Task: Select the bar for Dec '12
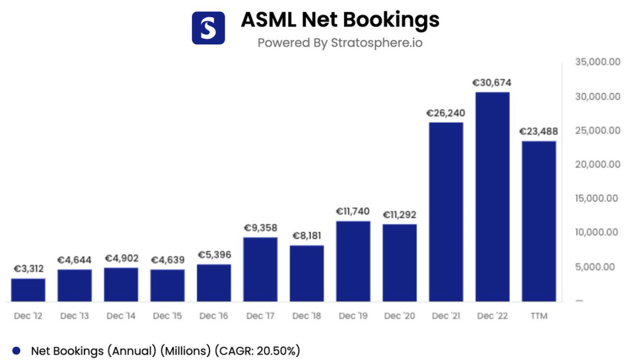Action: (x=28, y=290)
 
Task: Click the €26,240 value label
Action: (x=445, y=113)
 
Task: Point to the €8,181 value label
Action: (x=307, y=236)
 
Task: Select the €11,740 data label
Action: (x=353, y=211)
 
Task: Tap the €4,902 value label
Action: (x=122, y=258)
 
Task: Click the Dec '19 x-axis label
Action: (x=353, y=316)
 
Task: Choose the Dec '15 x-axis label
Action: (x=167, y=316)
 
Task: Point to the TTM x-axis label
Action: (x=539, y=316)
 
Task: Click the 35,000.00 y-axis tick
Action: (x=598, y=63)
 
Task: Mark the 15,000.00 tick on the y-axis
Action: (x=598, y=198)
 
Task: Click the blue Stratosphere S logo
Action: (x=208, y=28)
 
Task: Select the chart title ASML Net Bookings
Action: (x=340, y=20)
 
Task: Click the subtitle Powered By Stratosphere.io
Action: (x=340, y=42)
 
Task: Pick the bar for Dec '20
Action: (x=400, y=263)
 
